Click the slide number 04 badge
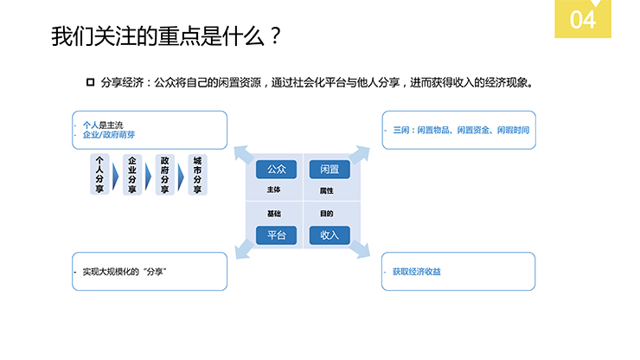click(x=583, y=19)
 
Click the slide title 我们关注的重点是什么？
click(x=166, y=38)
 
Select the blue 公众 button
click(x=277, y=169)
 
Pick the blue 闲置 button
click(x=329, y=169)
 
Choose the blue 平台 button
click(x=277, y=235)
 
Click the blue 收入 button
click(x=329, y=235)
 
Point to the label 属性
click(x=326, y=190)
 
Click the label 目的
click(x=326, y=214)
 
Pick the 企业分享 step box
click(x=132, y=175)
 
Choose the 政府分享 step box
click(x=164, y=175)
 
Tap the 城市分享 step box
click(x=197, y=175)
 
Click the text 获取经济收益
click(x=416, y=272)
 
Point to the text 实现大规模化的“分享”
click(x=124, y=272)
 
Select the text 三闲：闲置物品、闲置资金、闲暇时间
click(x=460, y=130)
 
